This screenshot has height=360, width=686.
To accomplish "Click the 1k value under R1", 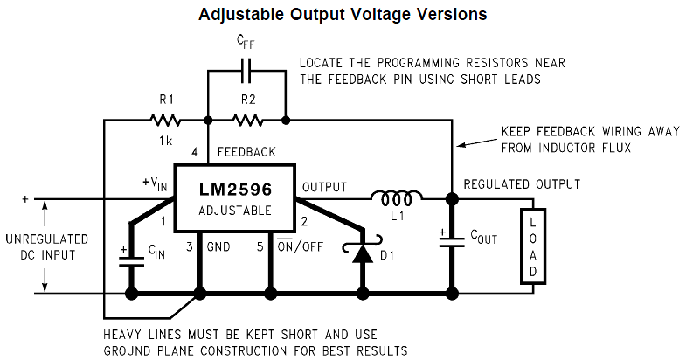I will pos(164,140).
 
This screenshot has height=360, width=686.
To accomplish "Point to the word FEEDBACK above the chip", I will pos(246,152).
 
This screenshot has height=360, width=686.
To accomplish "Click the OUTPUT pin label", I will pos(324,187).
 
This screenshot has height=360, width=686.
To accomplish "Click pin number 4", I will pos(195,152).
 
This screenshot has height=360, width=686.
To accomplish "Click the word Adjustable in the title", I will pos(237,15).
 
